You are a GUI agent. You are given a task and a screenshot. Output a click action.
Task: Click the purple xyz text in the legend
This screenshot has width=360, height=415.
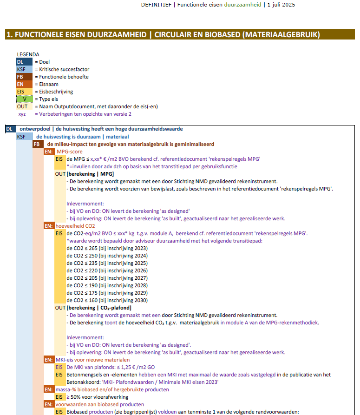[22, 114]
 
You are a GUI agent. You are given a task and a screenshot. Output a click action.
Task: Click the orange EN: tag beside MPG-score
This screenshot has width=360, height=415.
[49, 152]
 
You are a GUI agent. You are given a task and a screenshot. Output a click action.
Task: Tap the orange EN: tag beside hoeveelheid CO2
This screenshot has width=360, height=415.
[49, 226]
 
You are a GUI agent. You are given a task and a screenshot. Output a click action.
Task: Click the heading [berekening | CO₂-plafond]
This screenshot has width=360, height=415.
[99, 308]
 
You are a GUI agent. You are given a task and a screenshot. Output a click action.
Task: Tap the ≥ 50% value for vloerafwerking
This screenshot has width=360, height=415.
[75, 397]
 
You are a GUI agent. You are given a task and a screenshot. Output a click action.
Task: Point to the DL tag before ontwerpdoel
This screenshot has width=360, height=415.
[10, 129]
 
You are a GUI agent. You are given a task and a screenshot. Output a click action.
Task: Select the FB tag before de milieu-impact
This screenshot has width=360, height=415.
[38, 144]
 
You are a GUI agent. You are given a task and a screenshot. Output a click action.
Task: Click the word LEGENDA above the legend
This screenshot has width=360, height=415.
[28, 54]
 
